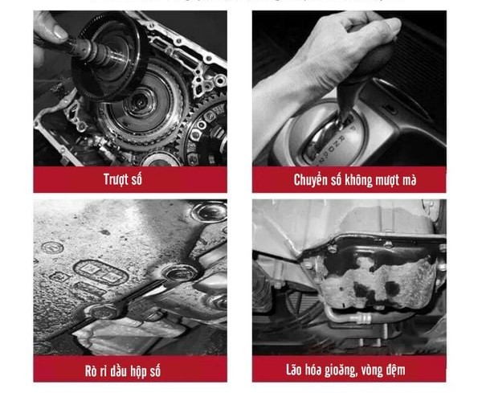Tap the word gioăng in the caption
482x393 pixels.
tap(347, 370)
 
